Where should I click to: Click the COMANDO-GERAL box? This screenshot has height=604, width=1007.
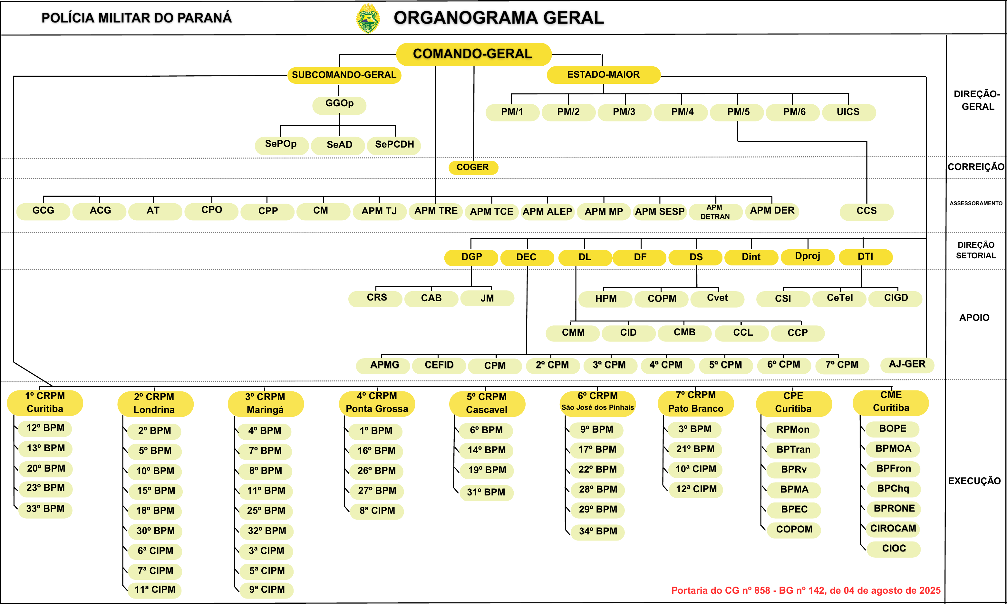[473, 54]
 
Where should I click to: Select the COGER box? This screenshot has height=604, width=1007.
[473, 167]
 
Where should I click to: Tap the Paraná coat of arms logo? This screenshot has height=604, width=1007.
[368, 18]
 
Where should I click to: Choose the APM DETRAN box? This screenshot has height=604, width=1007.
[715, 212]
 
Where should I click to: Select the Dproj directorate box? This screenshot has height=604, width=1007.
[808, 257]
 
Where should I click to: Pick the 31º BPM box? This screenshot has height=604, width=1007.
[486, 493]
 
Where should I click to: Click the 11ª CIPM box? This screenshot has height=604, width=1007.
[155, 590]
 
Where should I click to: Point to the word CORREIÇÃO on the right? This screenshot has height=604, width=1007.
[976, 167]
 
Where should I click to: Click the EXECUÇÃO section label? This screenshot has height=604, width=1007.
[974, 481]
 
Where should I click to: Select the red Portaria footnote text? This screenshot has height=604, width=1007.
[806, 590]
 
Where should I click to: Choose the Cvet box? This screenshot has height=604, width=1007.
[718, 298]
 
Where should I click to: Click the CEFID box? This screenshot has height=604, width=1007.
[439, 365]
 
